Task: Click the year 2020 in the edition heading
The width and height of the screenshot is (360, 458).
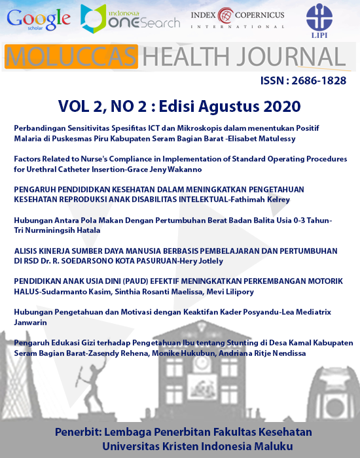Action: pos(278,105)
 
